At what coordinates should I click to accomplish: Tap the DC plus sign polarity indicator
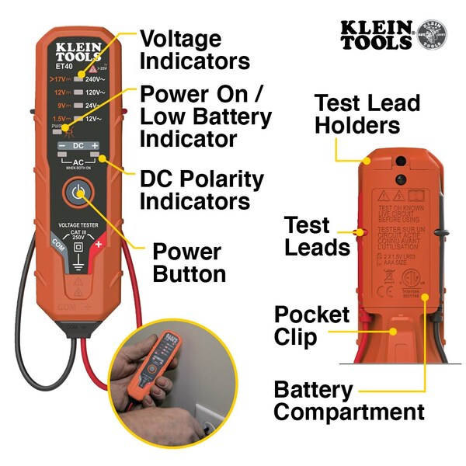[x=95, y=146]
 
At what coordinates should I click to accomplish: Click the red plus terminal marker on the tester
[x=99, y=244]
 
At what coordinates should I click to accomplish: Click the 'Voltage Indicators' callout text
[x=194, y=50]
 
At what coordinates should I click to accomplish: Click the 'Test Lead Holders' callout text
[x=367, y=114]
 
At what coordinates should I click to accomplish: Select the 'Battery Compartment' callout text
[x=349, y=401]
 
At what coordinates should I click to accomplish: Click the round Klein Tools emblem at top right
[x=432, y=35]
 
